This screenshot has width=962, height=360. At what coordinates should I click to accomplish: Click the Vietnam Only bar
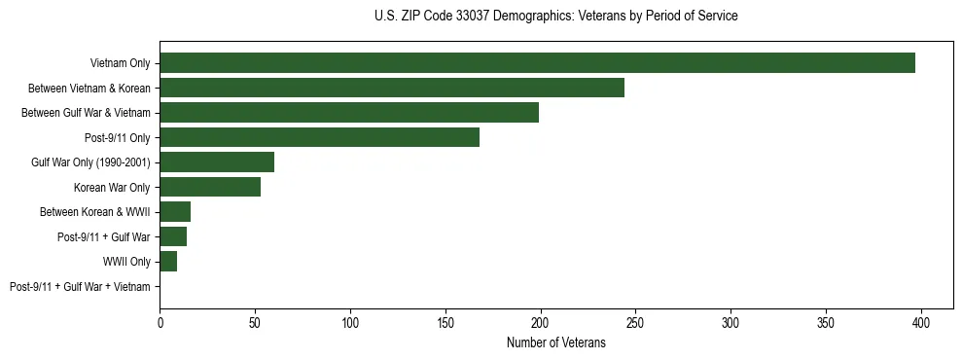coord(537,63)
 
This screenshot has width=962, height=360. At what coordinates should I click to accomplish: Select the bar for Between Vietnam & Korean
coord(392,88)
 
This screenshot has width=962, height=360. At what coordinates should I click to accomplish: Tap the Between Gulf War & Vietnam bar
coord(349,113)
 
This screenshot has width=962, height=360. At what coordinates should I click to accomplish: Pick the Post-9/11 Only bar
coord(319,137)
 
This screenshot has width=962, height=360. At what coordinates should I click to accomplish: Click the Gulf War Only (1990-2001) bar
coord(217,162)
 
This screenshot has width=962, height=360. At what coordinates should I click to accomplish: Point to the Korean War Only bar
coord(210,187)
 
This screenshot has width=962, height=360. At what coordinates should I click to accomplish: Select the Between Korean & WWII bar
coord(175,212)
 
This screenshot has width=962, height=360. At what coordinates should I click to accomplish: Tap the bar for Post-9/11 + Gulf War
coord(173,236)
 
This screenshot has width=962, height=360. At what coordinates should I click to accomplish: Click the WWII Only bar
coord(168,262)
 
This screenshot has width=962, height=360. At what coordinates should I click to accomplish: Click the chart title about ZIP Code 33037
coord(555,17)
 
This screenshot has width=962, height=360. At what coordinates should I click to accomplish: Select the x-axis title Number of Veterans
coord(555,342)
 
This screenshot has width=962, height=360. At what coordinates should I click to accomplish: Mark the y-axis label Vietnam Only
coord(120,63)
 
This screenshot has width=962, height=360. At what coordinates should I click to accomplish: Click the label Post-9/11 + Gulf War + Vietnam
coord(80,287)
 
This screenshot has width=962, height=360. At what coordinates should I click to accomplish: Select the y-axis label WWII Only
coord(126,262)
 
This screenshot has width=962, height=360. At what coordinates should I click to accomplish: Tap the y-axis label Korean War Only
coord(112,187)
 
